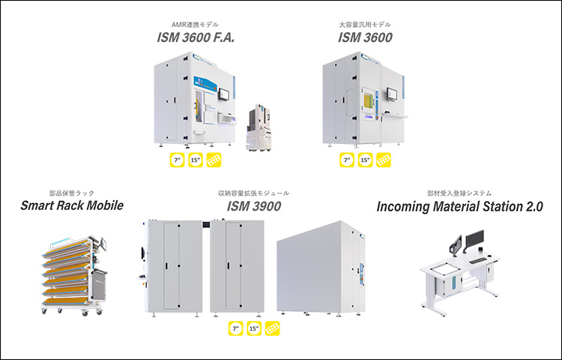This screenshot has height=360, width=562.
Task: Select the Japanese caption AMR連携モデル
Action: point(196,25)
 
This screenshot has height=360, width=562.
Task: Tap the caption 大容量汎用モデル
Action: point(366,25)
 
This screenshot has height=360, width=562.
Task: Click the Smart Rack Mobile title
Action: point(71,206)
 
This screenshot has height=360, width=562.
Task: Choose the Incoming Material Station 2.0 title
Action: point(459,206)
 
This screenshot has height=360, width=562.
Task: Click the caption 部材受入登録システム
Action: point(459,193)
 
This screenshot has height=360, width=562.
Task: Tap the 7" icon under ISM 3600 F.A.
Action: point(177,160)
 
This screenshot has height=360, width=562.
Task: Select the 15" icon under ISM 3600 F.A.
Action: point(196,160)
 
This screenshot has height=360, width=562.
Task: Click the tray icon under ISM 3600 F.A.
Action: point(215,160)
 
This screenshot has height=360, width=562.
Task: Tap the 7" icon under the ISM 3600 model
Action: point(346,160)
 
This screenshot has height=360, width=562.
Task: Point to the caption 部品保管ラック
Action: point(71,193)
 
